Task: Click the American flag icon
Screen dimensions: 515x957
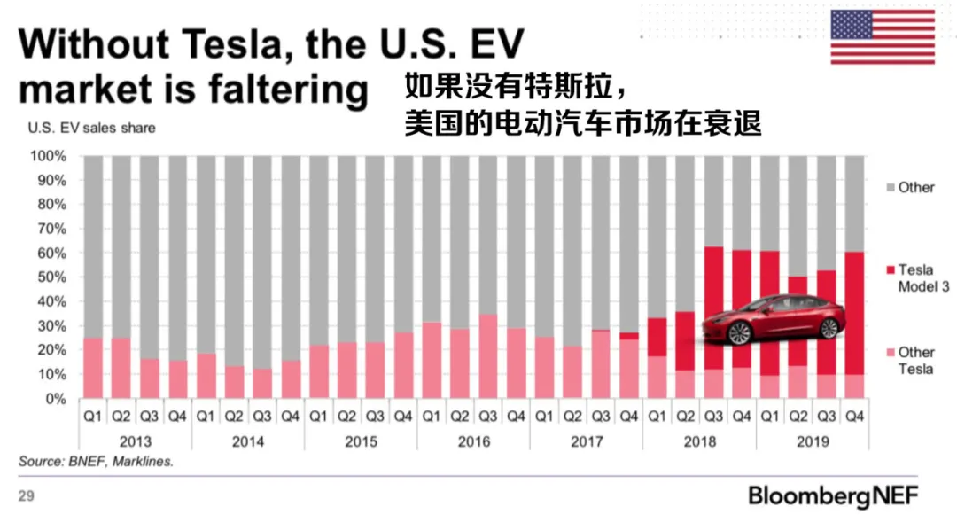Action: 882,37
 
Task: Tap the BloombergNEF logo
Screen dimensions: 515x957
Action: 833,494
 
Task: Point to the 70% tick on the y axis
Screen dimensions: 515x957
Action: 50,229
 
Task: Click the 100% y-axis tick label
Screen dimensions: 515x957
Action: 48,156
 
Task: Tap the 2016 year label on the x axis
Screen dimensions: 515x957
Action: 473,441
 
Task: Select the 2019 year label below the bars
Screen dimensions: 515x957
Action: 813,441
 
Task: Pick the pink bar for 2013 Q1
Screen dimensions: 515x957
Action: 93,367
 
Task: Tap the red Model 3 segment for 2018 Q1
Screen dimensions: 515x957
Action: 657,337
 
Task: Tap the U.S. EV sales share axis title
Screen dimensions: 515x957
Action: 91,128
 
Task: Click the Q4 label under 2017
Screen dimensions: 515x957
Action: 629,415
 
